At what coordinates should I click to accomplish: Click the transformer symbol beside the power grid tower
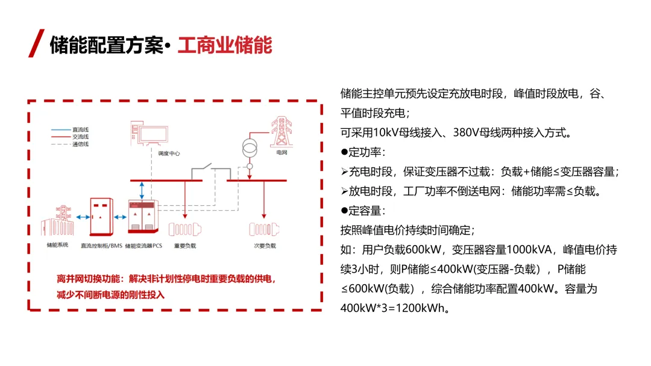(250, 148)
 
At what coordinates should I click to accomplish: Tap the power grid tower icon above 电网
(281, 132)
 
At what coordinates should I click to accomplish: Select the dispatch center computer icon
(149, 133)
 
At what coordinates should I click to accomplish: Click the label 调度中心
(169, 154)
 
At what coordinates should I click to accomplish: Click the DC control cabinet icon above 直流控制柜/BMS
(102, 217)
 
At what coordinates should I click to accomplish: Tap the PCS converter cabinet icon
(143, 216)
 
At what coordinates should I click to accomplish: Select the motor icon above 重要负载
(185, 229)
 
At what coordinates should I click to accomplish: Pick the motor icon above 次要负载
(265, 229)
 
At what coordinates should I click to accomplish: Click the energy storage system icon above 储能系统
(58, 221)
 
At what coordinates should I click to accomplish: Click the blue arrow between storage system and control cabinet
(83, 217)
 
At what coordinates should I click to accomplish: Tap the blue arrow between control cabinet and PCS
(121, 217)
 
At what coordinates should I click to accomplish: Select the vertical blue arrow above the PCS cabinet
(142, 190)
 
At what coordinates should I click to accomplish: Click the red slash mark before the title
(36, 43)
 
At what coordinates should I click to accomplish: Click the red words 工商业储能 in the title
(225, 45)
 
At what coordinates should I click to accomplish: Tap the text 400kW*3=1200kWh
(392, 308)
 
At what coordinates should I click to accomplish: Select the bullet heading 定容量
(363, 211)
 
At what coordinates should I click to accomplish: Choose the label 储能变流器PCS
(143, 246)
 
